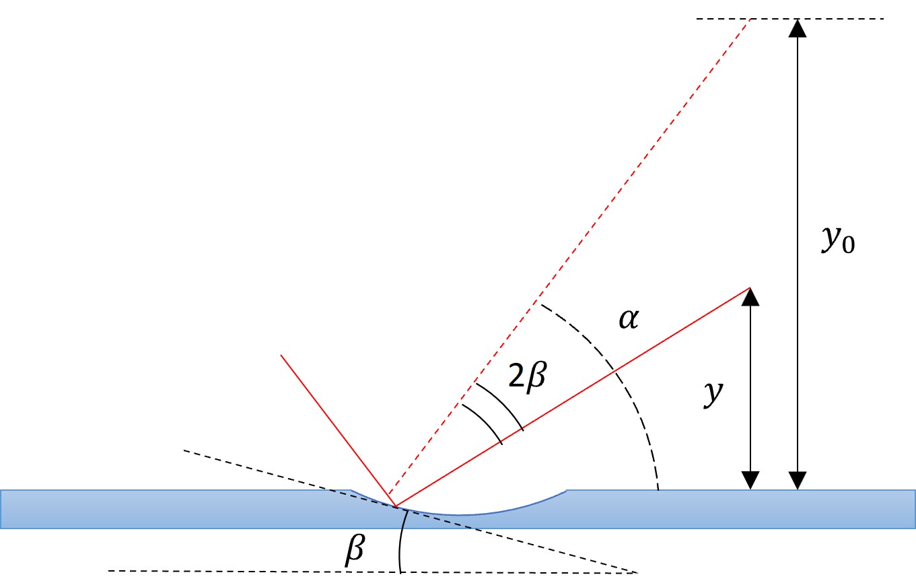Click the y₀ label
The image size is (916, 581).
coord(838,240)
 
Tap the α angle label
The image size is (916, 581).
coord(629,319)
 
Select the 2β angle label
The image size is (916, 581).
coord(528,376)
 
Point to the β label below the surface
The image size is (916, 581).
coord(355,549)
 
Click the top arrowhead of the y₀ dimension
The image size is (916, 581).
coord(798,28)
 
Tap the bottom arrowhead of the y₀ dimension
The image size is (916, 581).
coord(798,481)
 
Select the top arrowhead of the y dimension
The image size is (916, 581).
coord(750,297)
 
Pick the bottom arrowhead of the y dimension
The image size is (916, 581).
coord(750,481)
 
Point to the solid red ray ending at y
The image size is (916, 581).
coord(572,397)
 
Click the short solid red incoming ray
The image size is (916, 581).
coord(338,431)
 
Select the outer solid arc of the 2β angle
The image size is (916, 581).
coord(502,403)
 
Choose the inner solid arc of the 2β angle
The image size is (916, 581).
coord(485,421)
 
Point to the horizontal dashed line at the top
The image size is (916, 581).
coord(790,19)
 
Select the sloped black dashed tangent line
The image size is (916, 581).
coord(410,512)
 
